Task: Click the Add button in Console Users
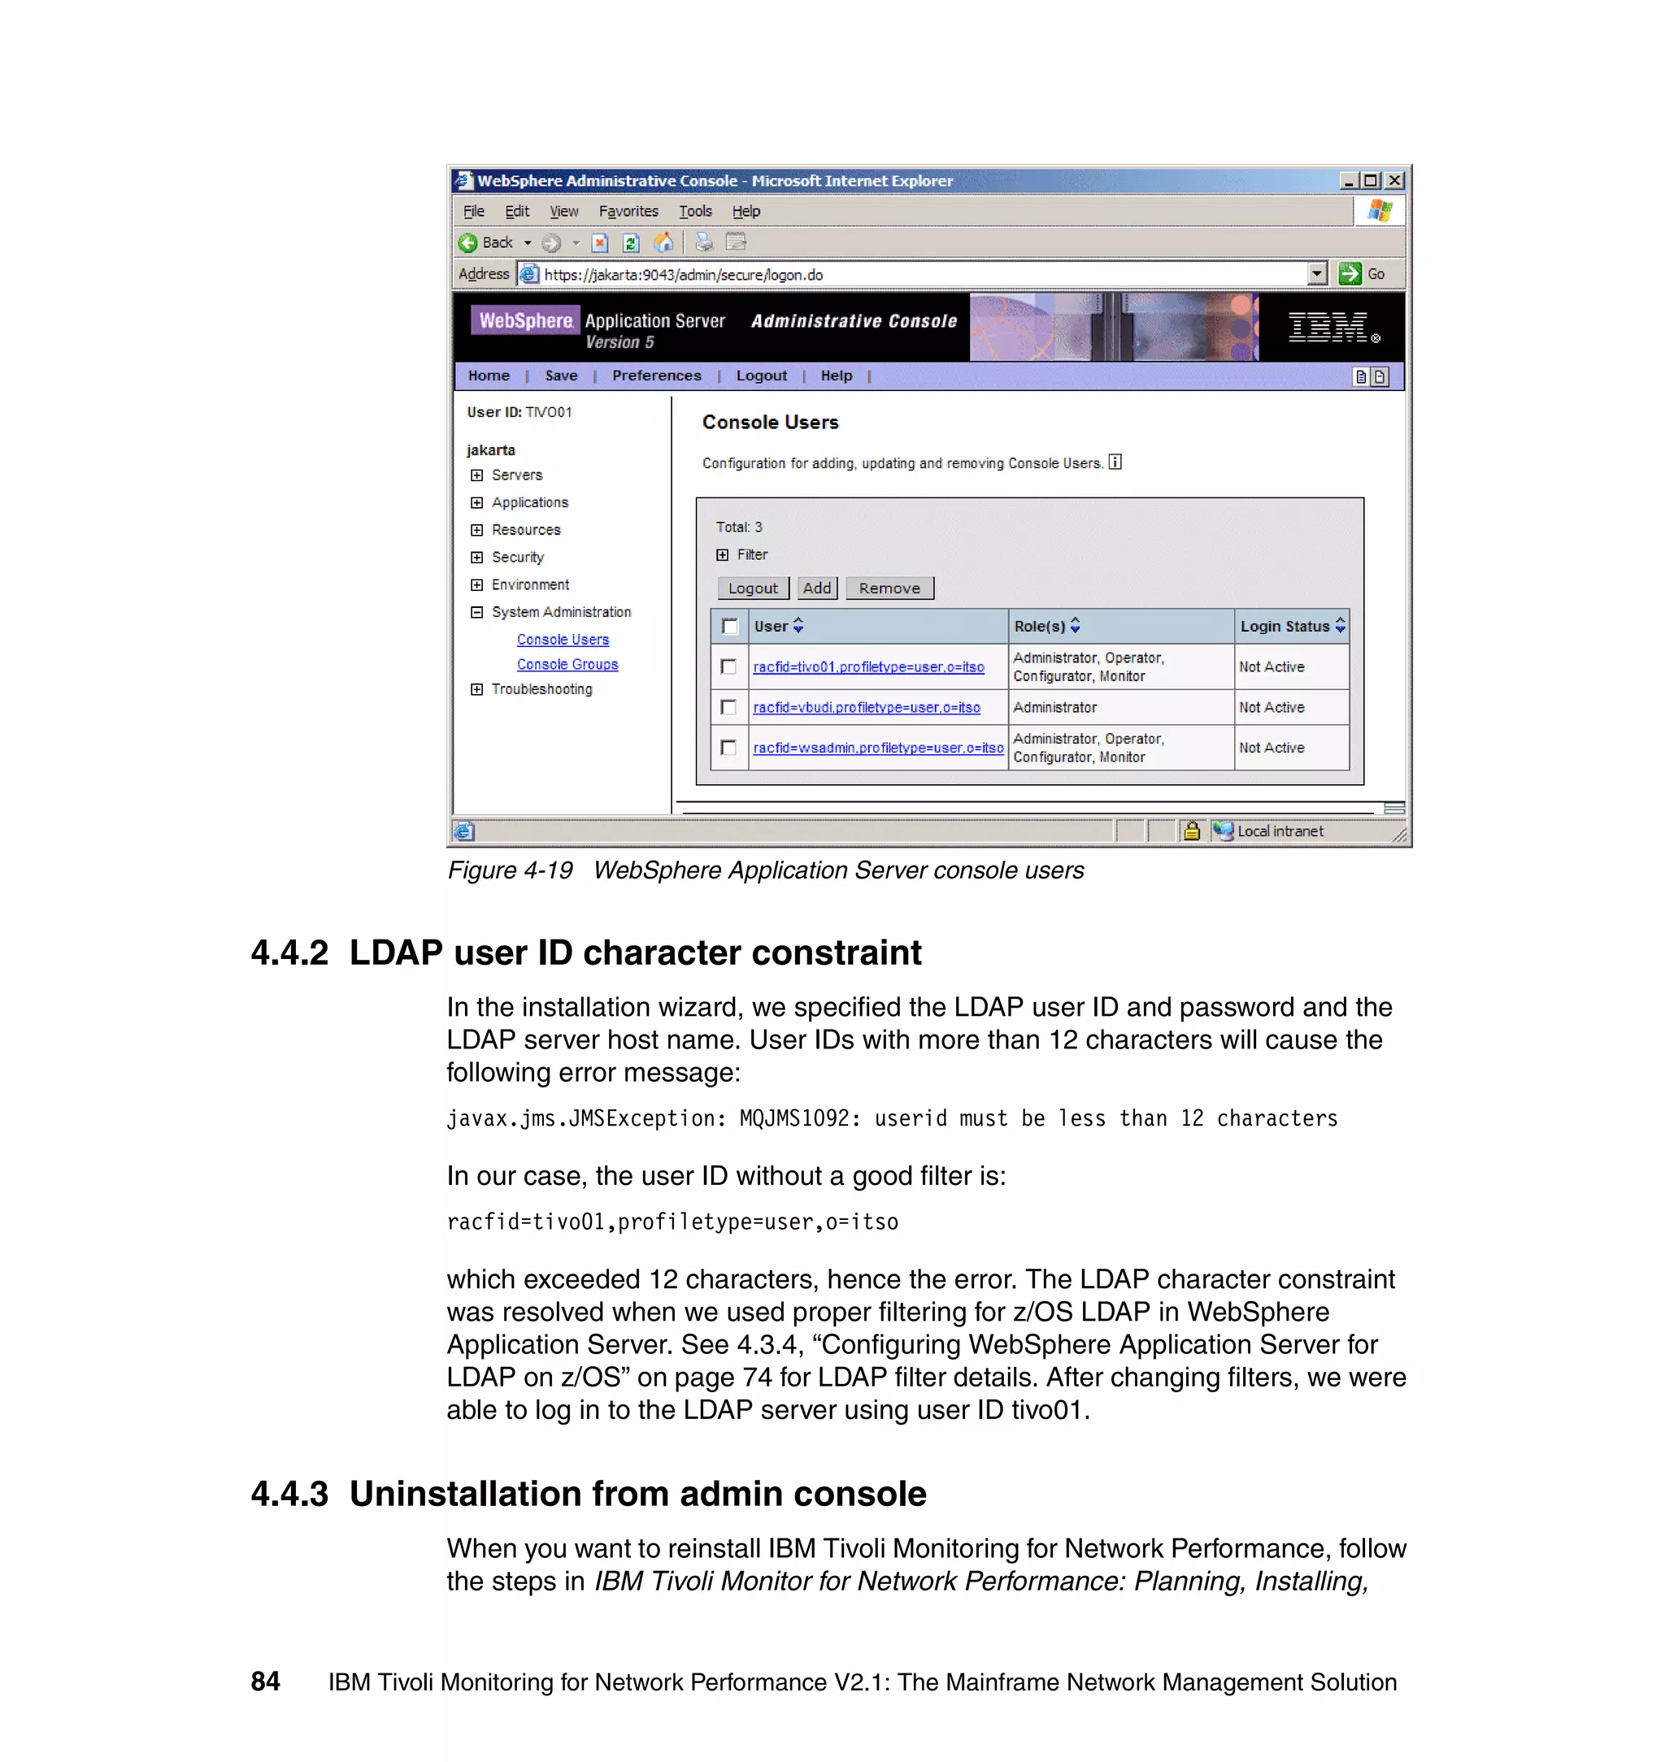click(816, 588)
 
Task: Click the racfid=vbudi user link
click(866, 708)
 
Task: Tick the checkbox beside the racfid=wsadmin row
click(728, 748)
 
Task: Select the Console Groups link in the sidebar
click(567, 665)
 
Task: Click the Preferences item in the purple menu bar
click(656, 376)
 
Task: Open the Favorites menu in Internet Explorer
click(628, 211)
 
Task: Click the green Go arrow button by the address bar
click(1350, 274)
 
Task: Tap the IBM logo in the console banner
click(1329, 328)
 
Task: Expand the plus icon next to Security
click(476, 558)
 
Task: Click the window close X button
click(1394, 181)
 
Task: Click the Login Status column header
click(1285, 627)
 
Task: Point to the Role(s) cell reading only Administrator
click(1054, 708)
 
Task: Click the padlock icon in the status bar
click(1192, 831)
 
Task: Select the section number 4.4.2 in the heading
click(289, 953)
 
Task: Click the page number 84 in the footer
click(265, 1682)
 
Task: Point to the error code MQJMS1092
click(793, 1119)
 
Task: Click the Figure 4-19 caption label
click(511, 870)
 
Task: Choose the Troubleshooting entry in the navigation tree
click(541, 689)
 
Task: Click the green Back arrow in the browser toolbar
click(467, 243)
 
